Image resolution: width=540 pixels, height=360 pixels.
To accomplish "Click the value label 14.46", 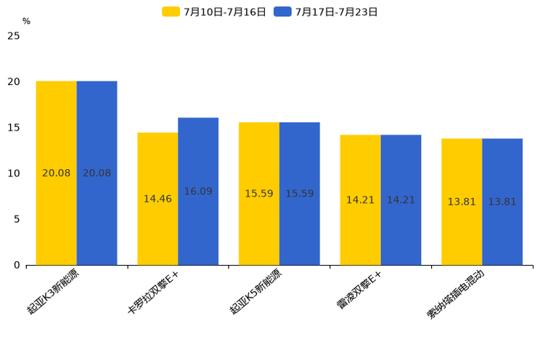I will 157,199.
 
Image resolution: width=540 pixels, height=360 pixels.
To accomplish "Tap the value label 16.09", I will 198,192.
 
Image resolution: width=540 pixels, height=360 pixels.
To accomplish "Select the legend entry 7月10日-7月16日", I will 214,12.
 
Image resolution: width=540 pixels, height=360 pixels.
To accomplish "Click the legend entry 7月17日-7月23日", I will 326,12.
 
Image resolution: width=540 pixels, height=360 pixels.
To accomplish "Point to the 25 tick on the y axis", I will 14,36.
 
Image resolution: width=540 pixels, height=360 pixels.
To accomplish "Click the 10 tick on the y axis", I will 14,173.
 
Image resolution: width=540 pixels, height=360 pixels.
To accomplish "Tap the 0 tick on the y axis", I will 17,265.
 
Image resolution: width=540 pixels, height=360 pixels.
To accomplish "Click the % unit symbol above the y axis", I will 26,22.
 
